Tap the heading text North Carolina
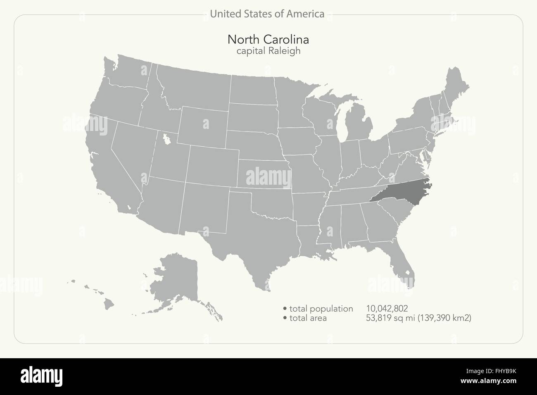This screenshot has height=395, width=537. coord(268,40)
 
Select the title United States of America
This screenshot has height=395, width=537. coord(267,14)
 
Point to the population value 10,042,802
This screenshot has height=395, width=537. coord(387,308)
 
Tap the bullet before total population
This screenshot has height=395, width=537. coord(285,309)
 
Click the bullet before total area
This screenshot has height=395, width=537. coord(285,318)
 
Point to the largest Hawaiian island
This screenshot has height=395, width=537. coord(109,304)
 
